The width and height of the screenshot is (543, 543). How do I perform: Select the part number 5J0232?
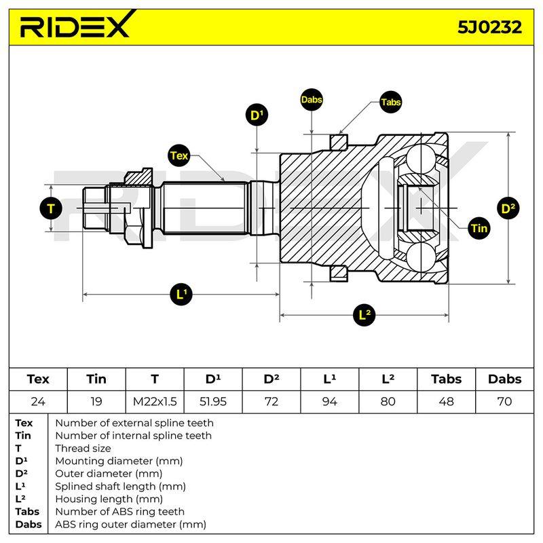coord(489,27)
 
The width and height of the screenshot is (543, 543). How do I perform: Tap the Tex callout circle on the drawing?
coord(179,156)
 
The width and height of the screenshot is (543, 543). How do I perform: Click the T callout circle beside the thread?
coord(51,208)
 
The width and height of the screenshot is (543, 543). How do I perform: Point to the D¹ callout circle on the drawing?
coord(257,115)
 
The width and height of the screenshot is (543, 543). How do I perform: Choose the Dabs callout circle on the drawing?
coord(312,100)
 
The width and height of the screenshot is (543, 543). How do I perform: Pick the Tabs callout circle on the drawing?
coord(391,102)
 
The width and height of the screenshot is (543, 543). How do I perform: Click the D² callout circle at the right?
coord(508,208)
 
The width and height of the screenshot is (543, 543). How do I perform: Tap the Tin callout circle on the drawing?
coord(479,228)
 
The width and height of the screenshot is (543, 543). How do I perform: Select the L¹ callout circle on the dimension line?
coord(181,295)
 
